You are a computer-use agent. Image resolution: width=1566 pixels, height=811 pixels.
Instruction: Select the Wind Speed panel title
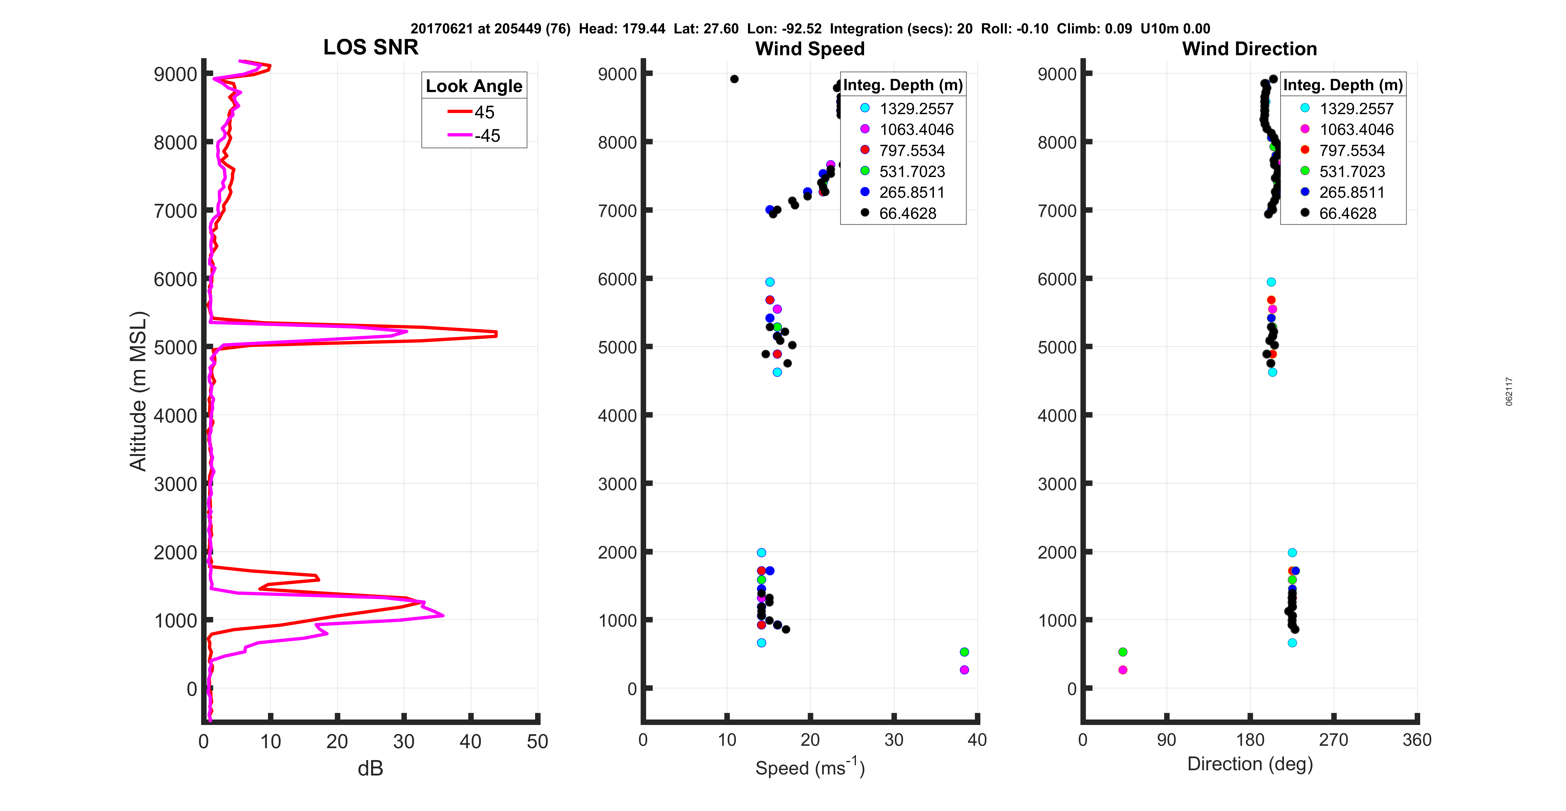(810, 49)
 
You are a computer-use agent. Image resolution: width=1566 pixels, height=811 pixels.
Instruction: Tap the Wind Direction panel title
(1249, 49)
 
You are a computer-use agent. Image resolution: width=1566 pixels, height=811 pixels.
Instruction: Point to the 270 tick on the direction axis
(1333, 740)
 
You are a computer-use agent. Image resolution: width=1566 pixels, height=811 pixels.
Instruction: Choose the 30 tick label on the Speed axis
(894, 740)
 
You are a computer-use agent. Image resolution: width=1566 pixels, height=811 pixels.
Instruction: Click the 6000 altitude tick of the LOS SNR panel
(175, 280)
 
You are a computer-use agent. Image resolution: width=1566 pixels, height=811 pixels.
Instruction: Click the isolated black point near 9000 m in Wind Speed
(734, 79)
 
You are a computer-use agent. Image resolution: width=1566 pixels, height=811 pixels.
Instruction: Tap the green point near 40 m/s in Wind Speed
(964, 652)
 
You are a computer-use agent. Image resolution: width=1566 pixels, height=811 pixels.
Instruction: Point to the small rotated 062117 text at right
(1509, 391)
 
